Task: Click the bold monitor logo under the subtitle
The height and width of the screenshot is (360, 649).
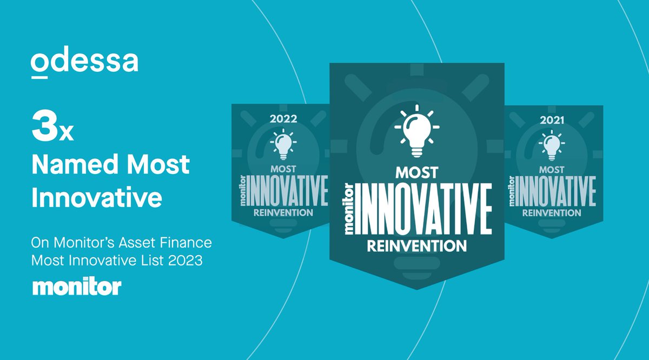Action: (x=77, y=287)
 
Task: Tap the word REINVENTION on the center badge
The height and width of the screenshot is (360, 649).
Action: (x=416, y=246)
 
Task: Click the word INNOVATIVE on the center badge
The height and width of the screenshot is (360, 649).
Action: (x=423, y=209)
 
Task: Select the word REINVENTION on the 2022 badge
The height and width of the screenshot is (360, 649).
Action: (x=283, y=212)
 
